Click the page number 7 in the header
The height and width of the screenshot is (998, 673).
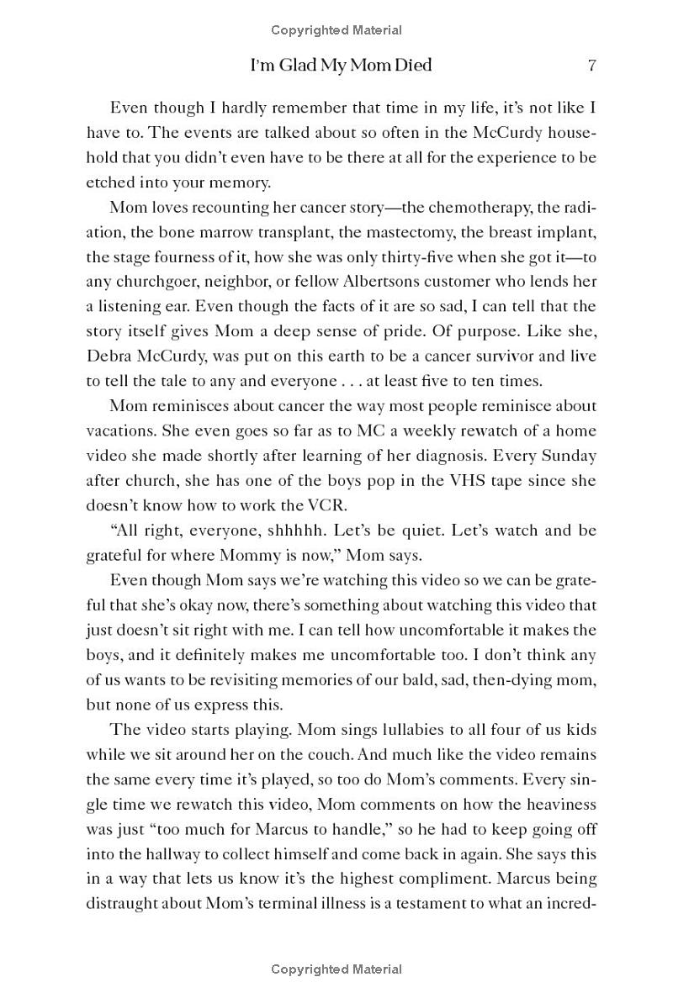tap(592, 65)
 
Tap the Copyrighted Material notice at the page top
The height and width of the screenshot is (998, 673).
tap(336, 30)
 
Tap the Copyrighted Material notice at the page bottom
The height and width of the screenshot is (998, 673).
tap(336, 969)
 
